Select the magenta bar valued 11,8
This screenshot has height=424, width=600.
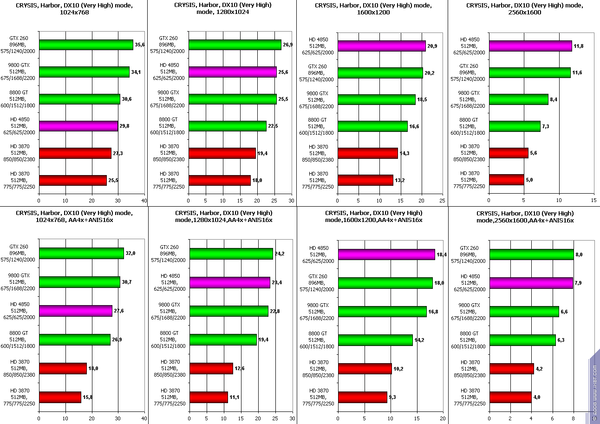[530, 46]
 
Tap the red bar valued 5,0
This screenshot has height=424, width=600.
[506, 180]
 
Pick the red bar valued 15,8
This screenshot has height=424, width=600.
[60, 397]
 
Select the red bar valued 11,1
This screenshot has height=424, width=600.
[209, 397]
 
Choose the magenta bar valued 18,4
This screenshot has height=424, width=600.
[386, 254]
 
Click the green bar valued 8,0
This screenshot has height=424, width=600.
[532, 254]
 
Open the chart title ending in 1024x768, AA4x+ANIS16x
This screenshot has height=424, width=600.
[74, 216]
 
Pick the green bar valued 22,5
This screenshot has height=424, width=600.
[228, 126]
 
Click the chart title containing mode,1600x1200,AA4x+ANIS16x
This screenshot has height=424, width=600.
[373, 216]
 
